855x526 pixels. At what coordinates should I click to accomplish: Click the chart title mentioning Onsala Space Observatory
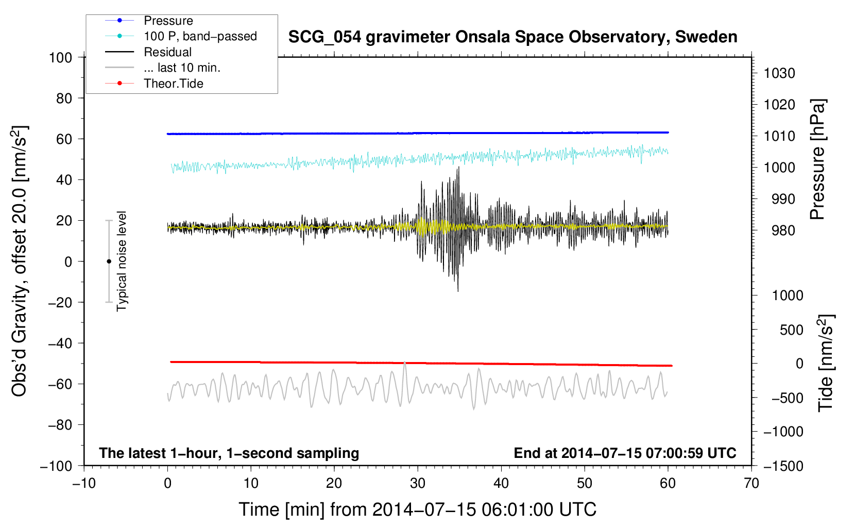click(x=512, y=37)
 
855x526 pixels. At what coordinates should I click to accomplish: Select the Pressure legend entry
click(x=168, y=21)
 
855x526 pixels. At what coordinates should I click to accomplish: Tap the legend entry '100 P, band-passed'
click(x=200, y=36)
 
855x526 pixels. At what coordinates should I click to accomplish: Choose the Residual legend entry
click(x=167, y=52)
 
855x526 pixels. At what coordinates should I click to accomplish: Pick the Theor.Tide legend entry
click(x=173, y=84)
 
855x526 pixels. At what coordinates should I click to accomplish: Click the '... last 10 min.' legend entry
click(x=182, y=68)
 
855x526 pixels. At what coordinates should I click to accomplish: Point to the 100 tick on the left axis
click(x=60, y=57)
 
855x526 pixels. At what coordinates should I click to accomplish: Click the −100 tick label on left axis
click(x=56, y=466)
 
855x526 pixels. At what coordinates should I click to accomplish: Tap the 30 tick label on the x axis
click(x=418, y=483)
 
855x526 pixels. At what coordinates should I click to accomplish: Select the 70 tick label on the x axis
click(x=751, y=483)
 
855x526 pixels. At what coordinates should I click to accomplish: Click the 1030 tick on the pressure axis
click(x=779, y=73)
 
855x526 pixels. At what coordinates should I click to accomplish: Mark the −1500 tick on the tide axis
click(x=783, y=466)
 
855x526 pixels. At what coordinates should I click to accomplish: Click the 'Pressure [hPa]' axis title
click(x=817, y=159)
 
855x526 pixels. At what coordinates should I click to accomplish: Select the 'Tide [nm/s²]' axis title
click(x=826, y=363)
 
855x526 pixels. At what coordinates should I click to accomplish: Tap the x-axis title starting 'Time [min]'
click(x=417, y=509)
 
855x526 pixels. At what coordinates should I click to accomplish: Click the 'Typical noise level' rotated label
click(x=122, y=261)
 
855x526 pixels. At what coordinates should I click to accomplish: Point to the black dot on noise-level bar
click(x=109, y=261)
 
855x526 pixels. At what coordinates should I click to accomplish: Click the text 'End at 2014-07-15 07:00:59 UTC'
click(x=625, y=453)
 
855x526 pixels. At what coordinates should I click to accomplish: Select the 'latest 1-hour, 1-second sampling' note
click(x=229, y=453)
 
